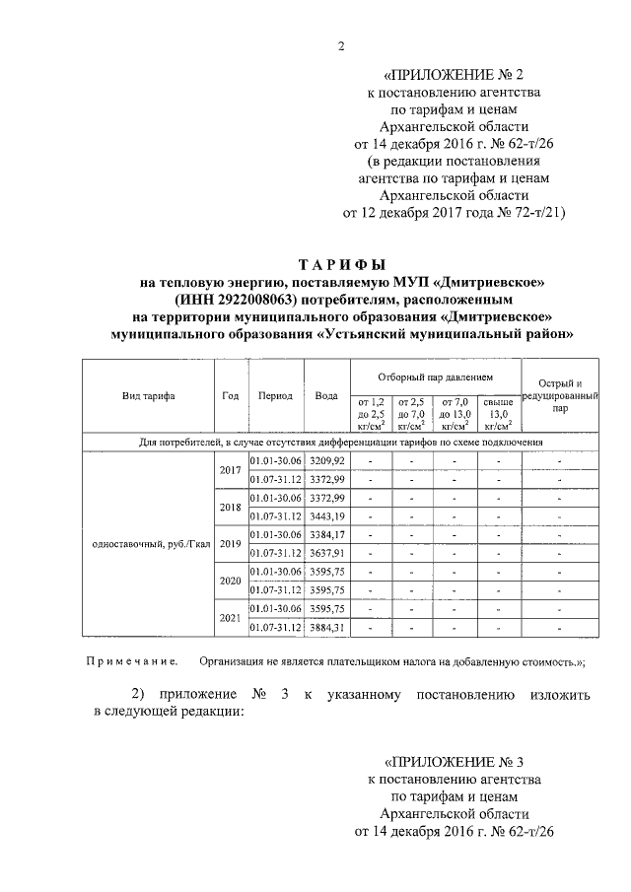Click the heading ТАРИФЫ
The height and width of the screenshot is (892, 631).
pos(341,264)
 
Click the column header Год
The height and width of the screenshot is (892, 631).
pos(231,395)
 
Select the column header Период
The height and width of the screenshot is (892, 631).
pos(275,395)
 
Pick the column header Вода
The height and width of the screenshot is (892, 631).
pos(325,395)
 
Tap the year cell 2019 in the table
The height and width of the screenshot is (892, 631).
pos(231,544)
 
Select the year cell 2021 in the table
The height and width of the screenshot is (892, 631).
pos(231,618)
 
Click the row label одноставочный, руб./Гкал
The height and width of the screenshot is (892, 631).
pos(147,544)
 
